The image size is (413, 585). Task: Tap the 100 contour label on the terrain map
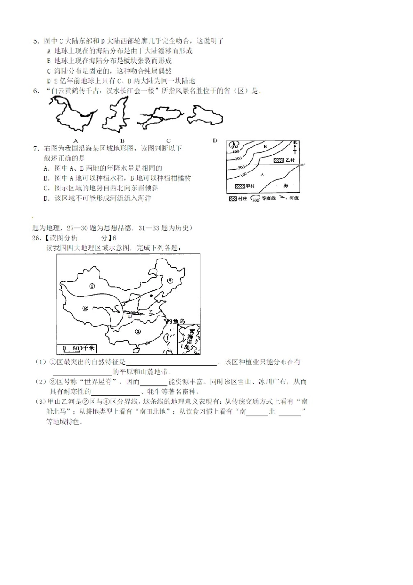243,175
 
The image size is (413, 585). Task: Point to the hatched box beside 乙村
278,160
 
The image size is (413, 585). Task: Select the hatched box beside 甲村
240,186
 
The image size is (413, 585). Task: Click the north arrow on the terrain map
295,148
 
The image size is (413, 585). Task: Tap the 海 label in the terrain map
286,186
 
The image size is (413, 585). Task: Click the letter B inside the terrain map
265,147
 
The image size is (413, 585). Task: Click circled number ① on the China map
92,286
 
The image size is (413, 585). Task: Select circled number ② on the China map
170,281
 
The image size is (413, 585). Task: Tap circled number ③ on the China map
85,308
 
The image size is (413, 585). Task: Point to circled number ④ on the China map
138,331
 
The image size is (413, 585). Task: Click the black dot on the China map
151,295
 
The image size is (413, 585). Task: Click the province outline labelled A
72,114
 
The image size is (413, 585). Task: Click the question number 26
36,238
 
